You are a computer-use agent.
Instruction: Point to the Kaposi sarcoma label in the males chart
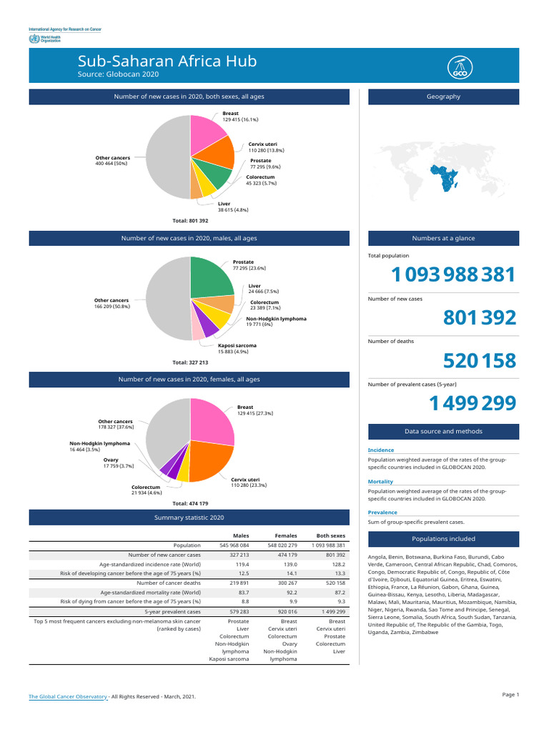coord(237,345)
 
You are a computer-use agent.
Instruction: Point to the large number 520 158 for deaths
coord(478,361)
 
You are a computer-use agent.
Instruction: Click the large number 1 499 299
coord(472,404)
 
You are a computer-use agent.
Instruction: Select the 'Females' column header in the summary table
coord(286,535)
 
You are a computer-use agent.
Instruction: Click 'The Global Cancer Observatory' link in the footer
coord(68,696)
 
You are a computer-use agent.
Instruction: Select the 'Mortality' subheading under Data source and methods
coord(380,482)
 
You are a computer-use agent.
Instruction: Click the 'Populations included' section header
coord(443,538)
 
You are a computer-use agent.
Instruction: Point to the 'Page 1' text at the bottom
coord(510,694)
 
